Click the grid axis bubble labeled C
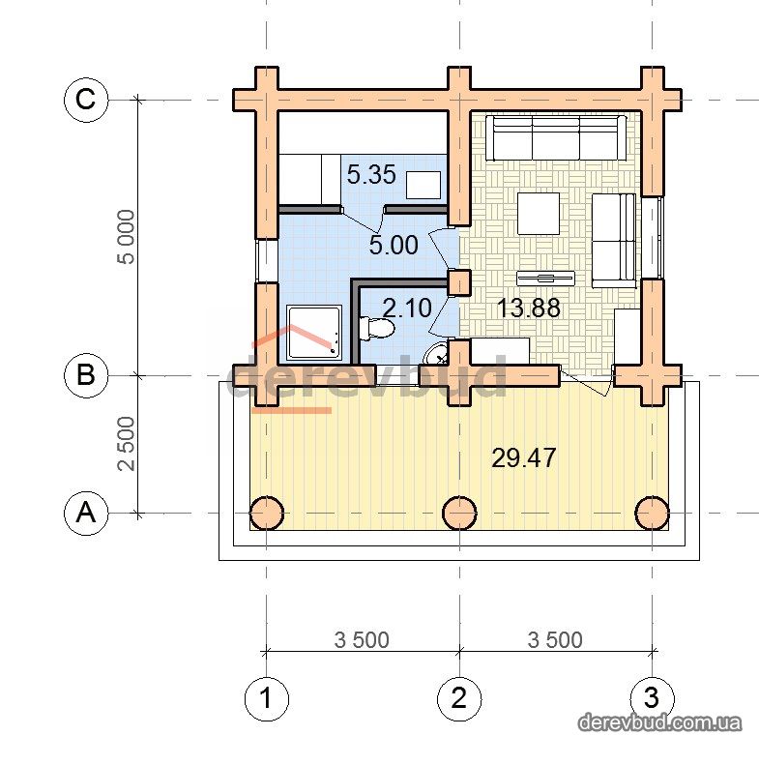[86, 100]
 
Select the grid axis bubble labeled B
[86, 375]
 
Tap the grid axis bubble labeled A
[86, 513]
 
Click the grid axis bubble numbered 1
[266, 698]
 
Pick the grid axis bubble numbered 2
[459, 698]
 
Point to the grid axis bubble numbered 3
[653, 698]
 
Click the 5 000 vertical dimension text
[127, 237]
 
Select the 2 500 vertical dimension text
[127, 444]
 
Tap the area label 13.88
[528, 308]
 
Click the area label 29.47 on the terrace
[523, 458]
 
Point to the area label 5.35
[371, 175]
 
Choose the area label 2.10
[407, 308]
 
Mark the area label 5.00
[394, 245]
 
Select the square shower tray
[314, 333]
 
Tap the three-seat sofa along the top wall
[560, 137]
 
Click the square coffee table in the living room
[538, 213]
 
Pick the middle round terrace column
[459, 514]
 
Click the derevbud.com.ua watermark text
[660, 722]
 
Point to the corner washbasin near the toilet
[437, 354]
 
